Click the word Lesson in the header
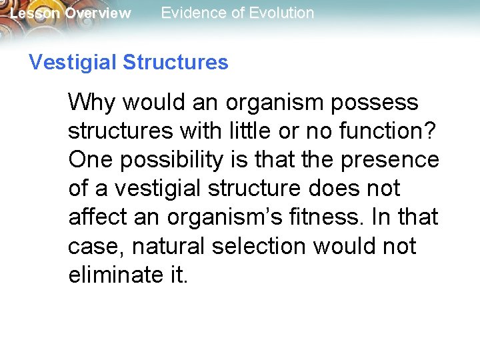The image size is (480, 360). tap(35, 13)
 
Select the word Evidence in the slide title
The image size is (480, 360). tap(192, 13)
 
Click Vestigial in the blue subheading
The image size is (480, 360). tap(72, 63)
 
